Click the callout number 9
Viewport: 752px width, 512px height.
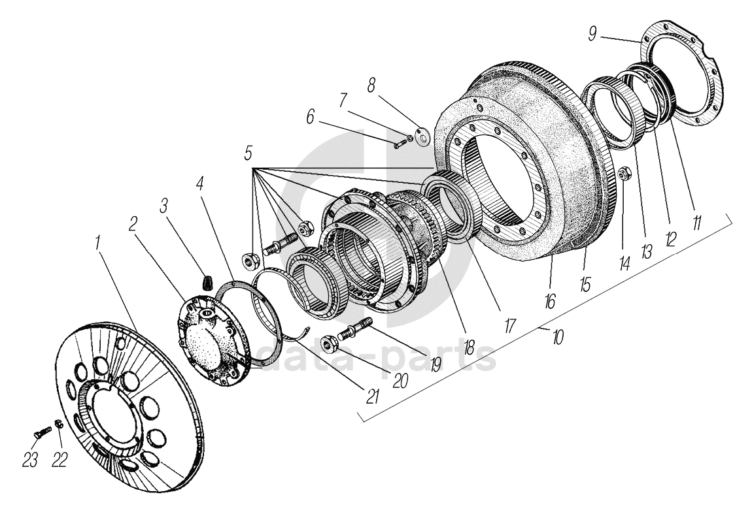[x=592, y=33]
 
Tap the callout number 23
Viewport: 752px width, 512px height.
[x=29, y=460]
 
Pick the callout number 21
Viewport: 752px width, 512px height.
[x=373, y=395]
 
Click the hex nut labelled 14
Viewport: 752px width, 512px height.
[x=623, y=175]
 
